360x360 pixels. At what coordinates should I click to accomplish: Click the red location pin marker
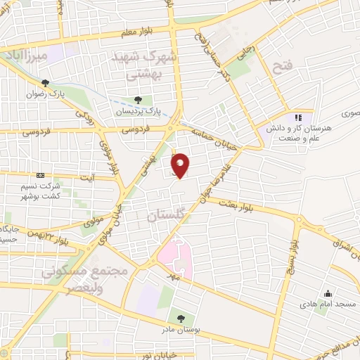pos(180,165)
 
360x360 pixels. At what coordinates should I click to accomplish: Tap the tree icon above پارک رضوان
pos(46,82)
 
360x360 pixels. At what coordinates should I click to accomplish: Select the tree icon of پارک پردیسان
pos(138,100)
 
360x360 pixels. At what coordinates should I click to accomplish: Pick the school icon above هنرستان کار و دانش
pos(298,118)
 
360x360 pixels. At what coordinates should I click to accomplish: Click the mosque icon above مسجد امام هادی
pos(326,293)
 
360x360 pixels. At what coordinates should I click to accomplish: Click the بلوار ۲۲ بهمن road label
pos(52,236)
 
